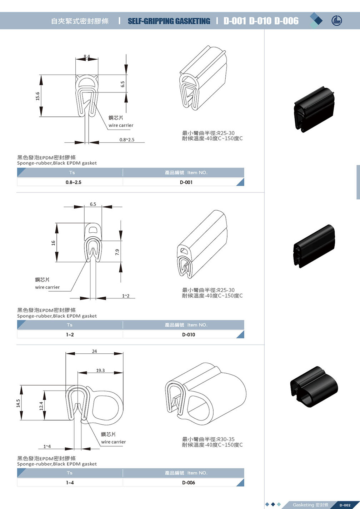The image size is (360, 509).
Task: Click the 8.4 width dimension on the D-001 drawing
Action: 87,56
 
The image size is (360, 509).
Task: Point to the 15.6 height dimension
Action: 37,96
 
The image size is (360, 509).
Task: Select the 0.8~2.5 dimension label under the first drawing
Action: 127,140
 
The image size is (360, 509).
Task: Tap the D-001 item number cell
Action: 186,182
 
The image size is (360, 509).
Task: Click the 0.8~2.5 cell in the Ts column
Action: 73,182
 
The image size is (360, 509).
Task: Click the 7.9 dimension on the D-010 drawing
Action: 117,252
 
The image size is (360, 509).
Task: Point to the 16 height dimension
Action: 53,243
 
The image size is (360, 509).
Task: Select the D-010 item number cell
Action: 188,334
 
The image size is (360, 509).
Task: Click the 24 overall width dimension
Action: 94,351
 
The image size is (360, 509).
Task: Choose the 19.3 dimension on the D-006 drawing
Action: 100,371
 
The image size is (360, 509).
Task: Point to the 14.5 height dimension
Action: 18,403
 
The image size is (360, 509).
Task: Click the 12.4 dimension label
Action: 41,405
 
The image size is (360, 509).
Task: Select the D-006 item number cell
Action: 188,483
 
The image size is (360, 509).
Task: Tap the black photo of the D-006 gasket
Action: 314,386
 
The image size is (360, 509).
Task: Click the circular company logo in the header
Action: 336,21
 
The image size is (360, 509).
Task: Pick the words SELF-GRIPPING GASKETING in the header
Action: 169,21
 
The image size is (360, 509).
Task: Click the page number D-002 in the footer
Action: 345,505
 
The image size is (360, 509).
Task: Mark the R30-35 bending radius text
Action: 226,439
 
